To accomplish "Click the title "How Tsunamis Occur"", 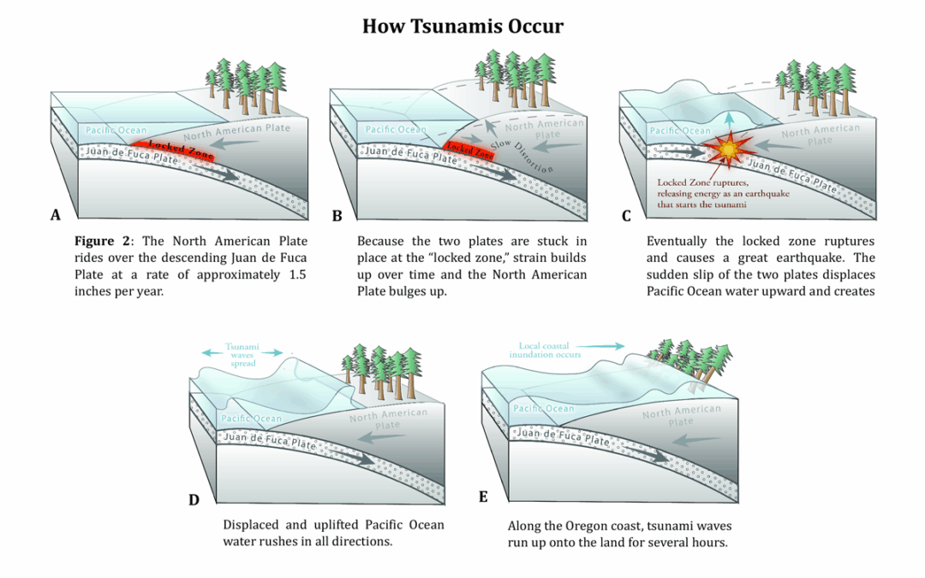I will pos(462,26).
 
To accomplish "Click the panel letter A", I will pos(56,215).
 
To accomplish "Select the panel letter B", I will pos(337,216).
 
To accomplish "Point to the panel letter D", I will pos(194,500).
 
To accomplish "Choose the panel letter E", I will pos(483,497).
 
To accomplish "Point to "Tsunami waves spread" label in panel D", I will pos(242,355).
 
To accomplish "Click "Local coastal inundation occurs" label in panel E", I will pos(545,349).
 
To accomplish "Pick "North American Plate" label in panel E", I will pos(681,415).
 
